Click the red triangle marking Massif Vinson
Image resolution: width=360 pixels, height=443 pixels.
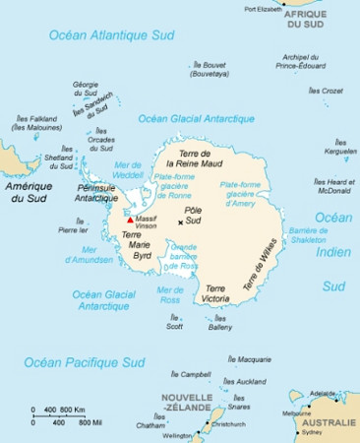click(129, 207)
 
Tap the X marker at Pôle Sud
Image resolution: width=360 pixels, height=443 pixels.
click(179, 222)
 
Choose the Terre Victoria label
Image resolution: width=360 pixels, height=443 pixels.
click(214, 293)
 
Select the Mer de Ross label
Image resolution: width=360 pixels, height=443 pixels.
click(171, 295)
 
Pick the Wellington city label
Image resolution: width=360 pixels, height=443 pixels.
click(178, 435)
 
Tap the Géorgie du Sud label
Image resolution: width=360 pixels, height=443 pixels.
click(86, 90)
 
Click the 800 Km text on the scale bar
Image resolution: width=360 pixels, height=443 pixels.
click(73, 409)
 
